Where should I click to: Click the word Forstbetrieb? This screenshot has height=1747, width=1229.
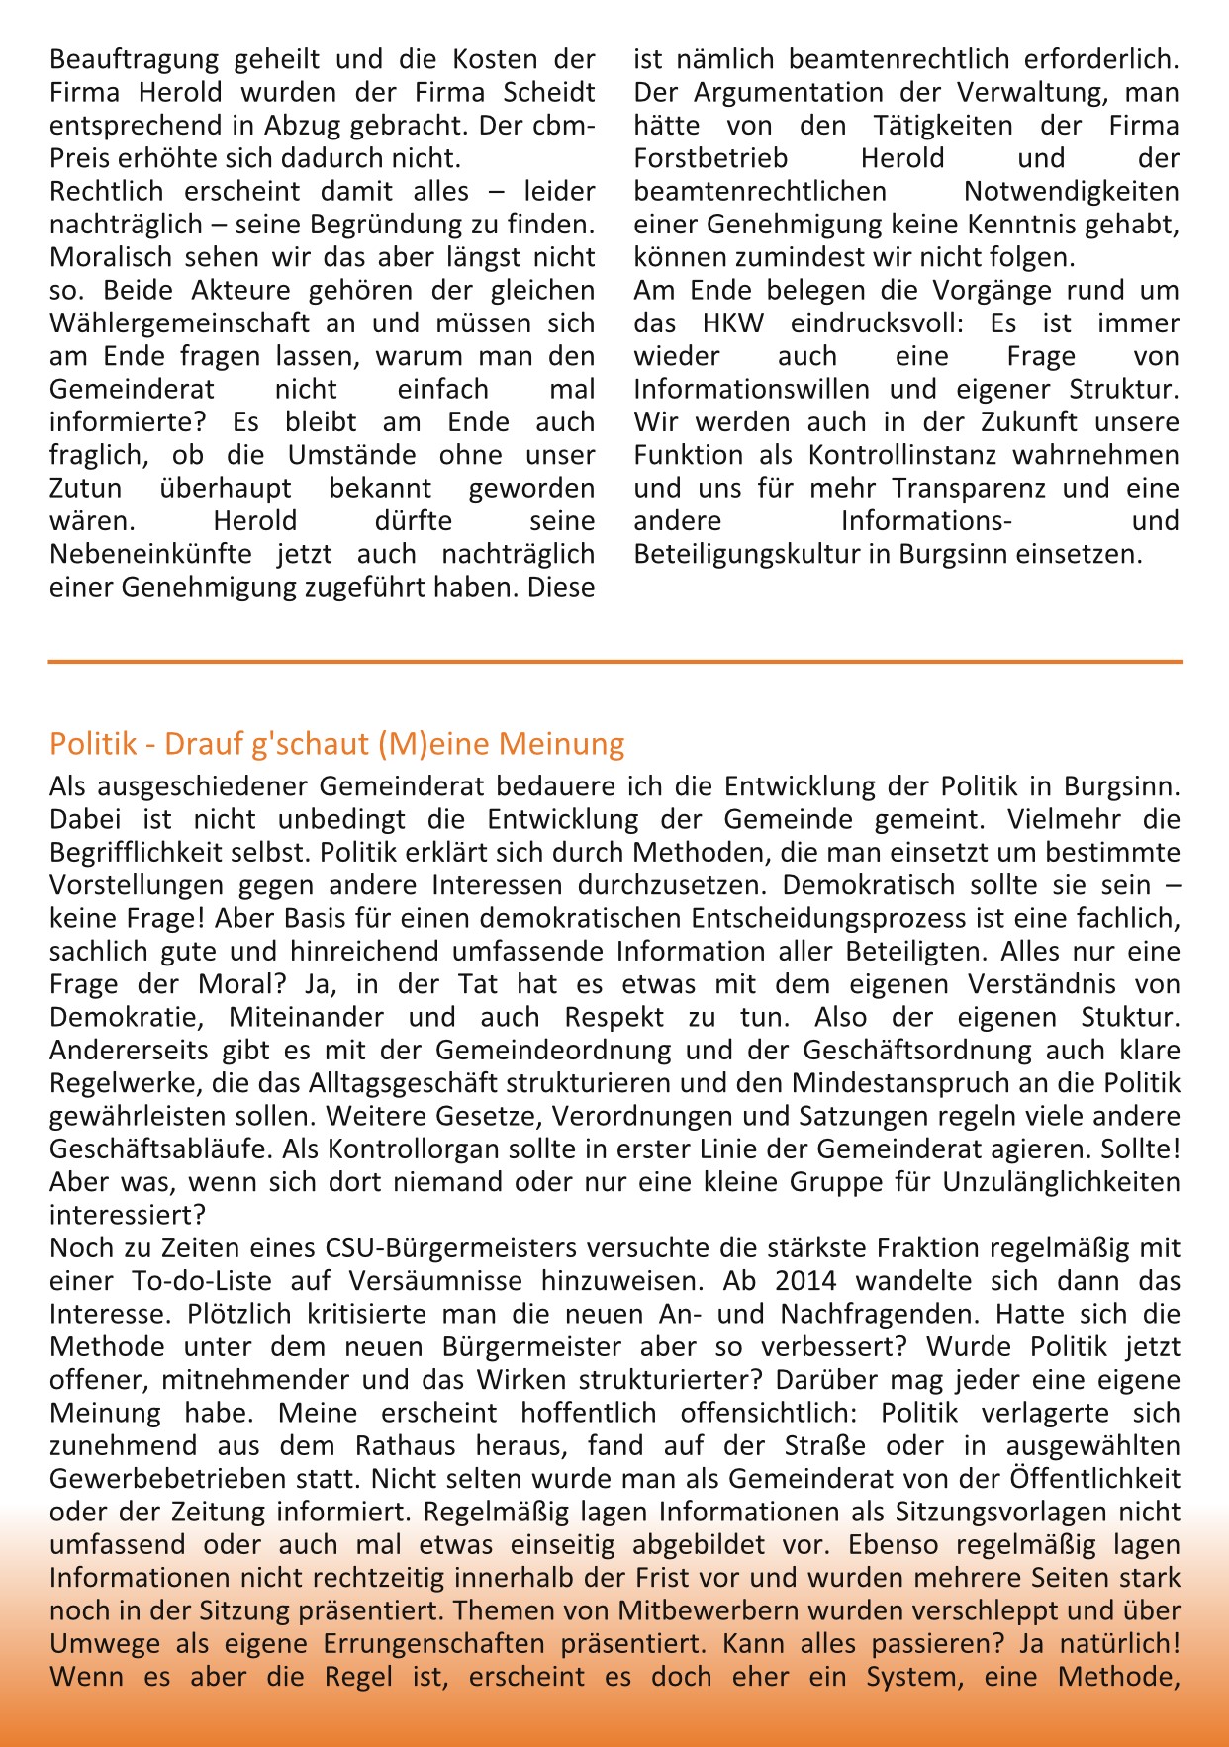(x=711, y=159)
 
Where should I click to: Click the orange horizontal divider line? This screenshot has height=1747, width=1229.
(x=614, y=661)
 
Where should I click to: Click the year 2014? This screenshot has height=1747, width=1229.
(x=805, y=1281)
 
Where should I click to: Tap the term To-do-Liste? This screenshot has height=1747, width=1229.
(x=202, y=1281)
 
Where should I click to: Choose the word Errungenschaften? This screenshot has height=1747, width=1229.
(x=433, y=1644)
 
